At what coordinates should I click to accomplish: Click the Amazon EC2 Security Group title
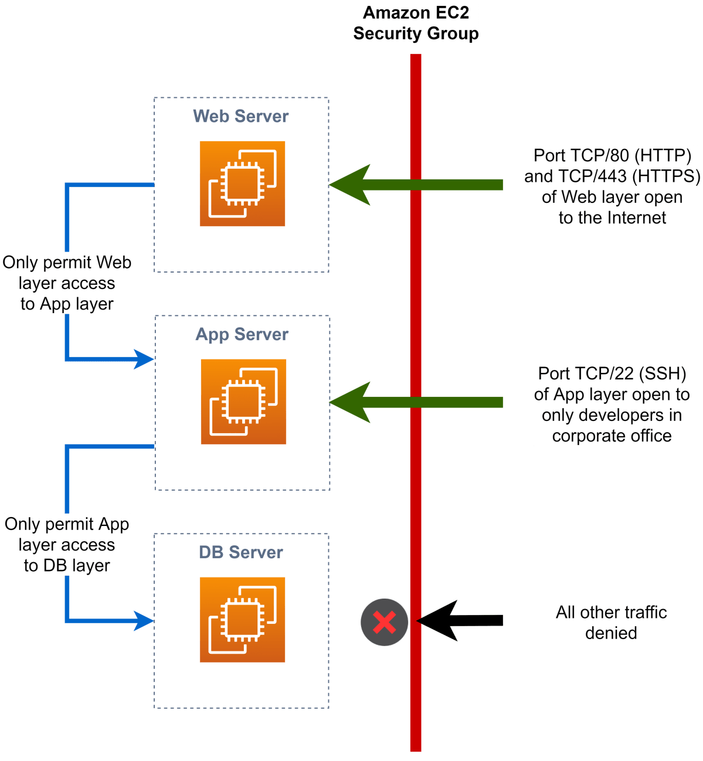[x=416, y=23]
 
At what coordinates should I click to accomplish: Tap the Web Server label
[x=241, y=116]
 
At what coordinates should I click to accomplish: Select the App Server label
[x=242, y=334]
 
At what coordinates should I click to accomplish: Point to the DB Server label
[x=241, y=552]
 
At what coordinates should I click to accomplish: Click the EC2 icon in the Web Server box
[x=242, y=184]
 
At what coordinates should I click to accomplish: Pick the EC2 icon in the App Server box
[x=243, y=402]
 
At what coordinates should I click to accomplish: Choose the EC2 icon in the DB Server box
[x=242, y=620]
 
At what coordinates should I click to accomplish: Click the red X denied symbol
[x=384, y=622]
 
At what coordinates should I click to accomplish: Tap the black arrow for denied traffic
[x=460, y=620]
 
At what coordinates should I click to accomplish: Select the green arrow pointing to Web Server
[x=416, y=185]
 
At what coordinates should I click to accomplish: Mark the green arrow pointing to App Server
[x=416, y=402]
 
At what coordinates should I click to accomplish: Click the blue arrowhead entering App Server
[x=143, y=359]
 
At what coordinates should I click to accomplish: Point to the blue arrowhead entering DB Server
[x=143, y=620]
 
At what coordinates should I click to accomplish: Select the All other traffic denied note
[x=612, y=623]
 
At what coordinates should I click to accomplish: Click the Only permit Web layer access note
[x=67, y=283]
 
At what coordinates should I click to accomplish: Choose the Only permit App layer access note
[x=67, y=544]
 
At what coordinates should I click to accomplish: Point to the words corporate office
[x=612, y=436]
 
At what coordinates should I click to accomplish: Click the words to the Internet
[x=612, y=218]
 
